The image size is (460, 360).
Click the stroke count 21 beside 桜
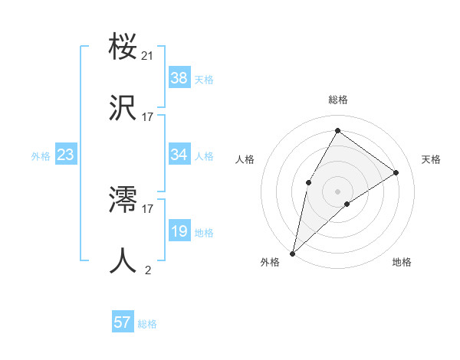(x=148, y=56)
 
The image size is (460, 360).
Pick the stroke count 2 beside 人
(x=148, y=270)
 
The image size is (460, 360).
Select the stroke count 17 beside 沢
(x=148, y=117)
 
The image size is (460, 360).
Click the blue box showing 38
(x=179, y=78)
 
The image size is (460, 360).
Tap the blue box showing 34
(x=179, y=155)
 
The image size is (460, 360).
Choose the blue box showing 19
(x=179, y=231)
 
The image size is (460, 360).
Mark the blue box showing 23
(x=66, y=155)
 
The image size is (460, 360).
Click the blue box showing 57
(x=123, y=322)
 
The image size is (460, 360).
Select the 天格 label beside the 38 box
(x=204, y=79)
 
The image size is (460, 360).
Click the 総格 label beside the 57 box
(x=147, y=323)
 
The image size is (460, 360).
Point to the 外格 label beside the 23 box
(x=41, y=155)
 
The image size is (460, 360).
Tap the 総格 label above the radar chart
(x=337, y=100)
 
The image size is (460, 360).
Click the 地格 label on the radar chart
(x=402, y=262)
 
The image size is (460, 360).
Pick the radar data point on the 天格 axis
(x=396, y=172)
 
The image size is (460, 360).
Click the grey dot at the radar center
(x=337, y=191)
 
